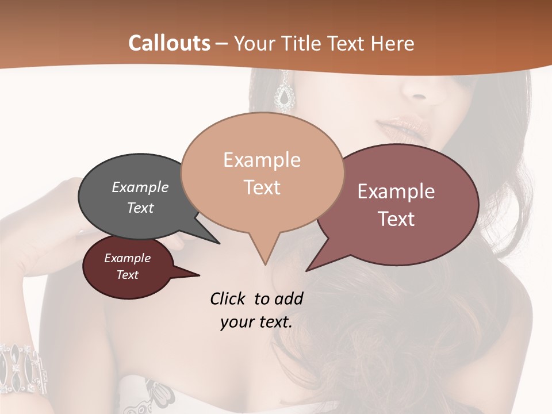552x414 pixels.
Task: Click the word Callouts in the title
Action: tap(169, 43)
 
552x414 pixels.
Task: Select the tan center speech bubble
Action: tap(262, 172)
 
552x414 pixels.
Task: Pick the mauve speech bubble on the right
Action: tap(402, 204)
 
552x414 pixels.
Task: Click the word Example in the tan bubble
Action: tap(262, 160)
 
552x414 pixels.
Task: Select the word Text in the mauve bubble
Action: tap(397, 219)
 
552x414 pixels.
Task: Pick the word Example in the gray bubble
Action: tap(140, 187)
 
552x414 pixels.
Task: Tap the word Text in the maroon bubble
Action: tap(128, 275)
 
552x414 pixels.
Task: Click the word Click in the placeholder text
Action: tap(231, 299)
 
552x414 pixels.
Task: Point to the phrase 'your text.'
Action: tap(256, 322)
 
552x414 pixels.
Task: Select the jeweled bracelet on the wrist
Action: tap(23, 368)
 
